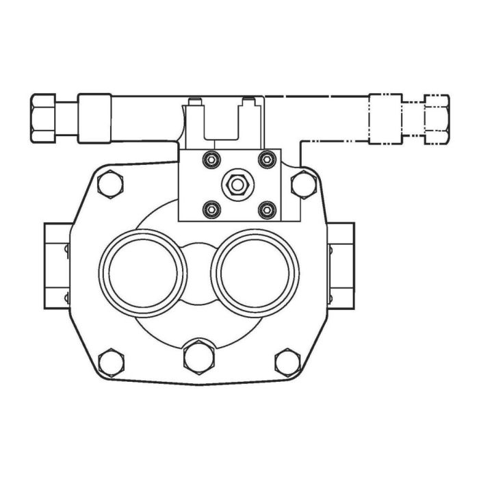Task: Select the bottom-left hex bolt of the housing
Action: [x=109, y=362]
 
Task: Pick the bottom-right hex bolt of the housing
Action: [x=287, y=362]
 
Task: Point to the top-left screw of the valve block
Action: [x=212, y=159]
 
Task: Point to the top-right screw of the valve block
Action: [x=266, y=159]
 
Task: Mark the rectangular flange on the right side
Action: [x=341, y=266]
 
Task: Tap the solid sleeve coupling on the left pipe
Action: [x=94, y=118]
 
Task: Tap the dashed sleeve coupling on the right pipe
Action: [x=385, y=119]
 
